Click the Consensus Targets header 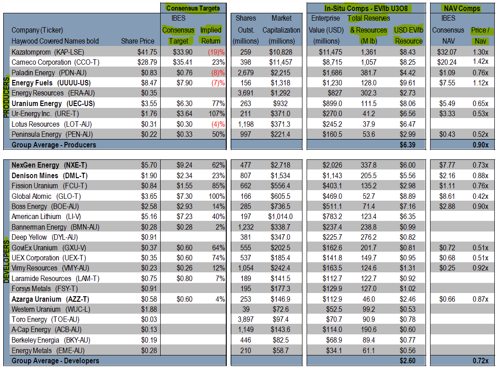(193, 8)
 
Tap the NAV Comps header (462, 8)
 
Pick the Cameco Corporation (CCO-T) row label (48, 62)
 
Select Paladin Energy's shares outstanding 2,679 (246, 73)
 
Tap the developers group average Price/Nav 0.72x (480, 361)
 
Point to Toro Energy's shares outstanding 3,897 (246, 319)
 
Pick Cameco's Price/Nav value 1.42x (480, 62)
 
